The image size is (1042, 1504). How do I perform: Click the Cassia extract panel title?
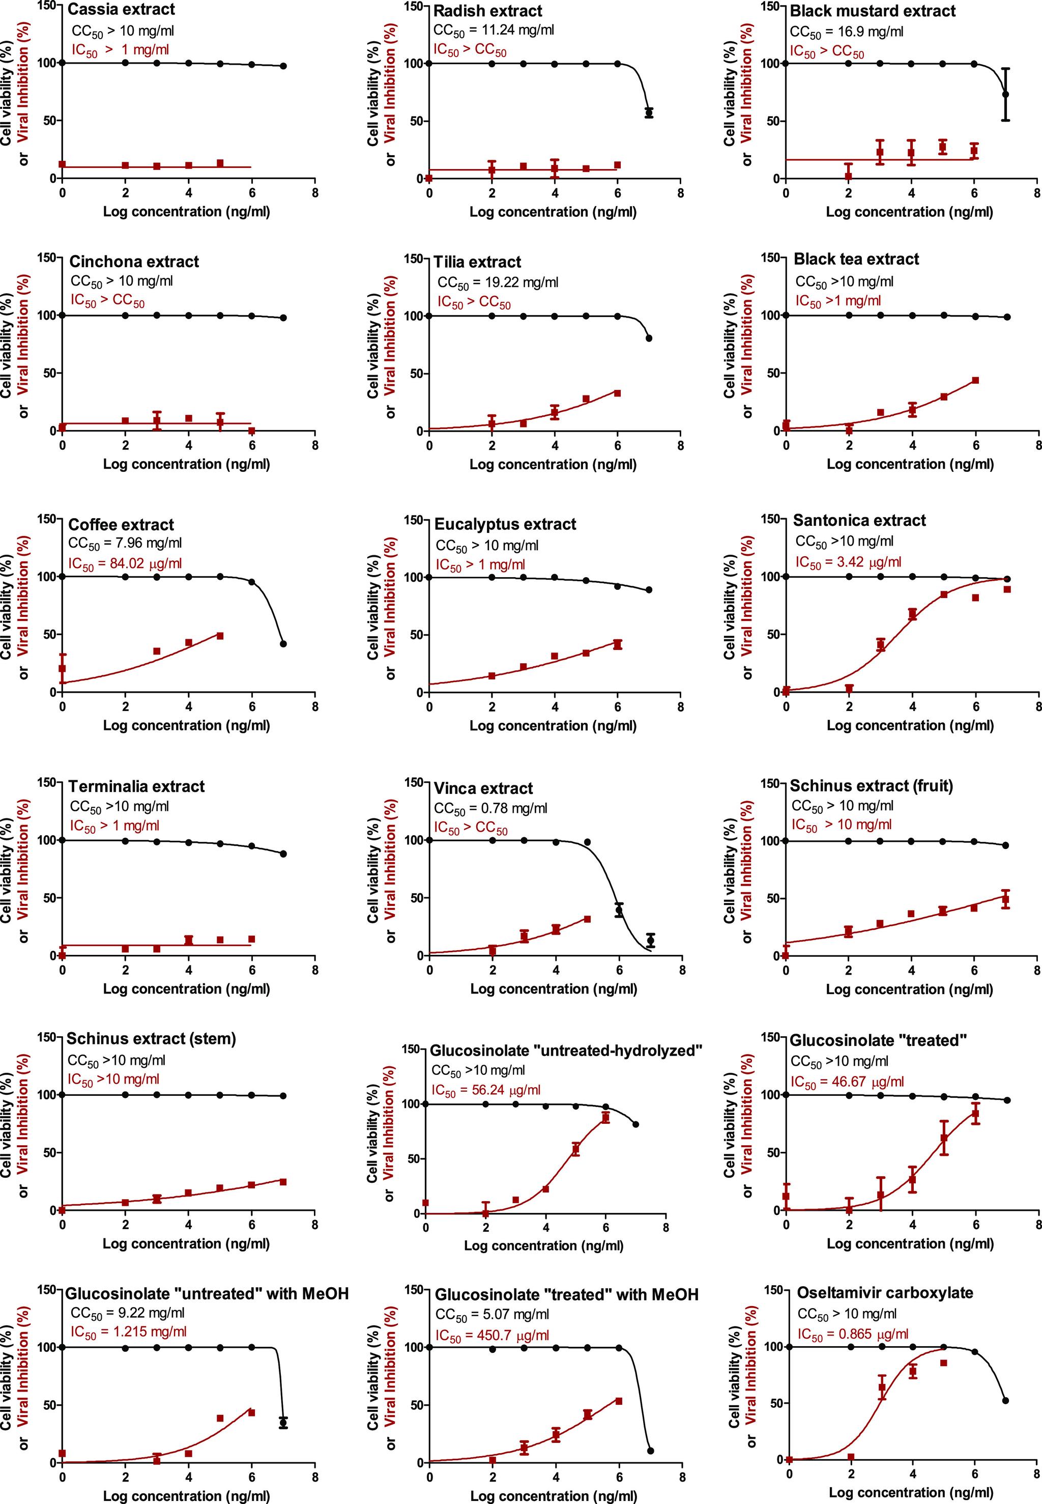tap(122, 10)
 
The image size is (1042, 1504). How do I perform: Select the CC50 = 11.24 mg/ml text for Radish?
tap(493, 30)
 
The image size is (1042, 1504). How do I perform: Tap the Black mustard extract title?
tap(872, 11)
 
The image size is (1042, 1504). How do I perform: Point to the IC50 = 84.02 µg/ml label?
tap(125, 563)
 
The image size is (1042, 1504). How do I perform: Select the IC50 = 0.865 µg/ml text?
tap(853, 1335)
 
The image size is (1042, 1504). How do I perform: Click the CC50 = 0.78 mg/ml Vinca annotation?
tap(490, 808)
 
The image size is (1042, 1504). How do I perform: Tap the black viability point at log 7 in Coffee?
tap(283, 644)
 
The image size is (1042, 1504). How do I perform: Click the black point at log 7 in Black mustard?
tap(1005, 95)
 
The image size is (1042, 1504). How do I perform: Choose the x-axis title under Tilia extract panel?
tap(553, 464)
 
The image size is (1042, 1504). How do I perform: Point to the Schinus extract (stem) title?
tap(152, 1038)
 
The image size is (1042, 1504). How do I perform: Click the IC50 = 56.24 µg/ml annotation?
tap(486, 1090)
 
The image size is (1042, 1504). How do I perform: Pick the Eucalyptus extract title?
tap(505, 524)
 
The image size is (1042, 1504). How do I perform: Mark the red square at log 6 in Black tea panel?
tap(975, 380)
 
